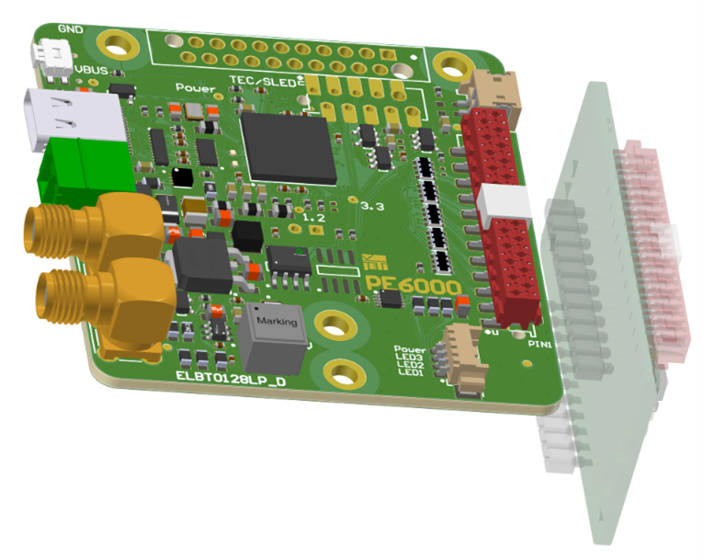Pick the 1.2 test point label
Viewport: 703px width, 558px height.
point(314,218)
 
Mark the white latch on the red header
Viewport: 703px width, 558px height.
point(505,201)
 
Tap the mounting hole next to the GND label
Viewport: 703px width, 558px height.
point(116,41)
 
